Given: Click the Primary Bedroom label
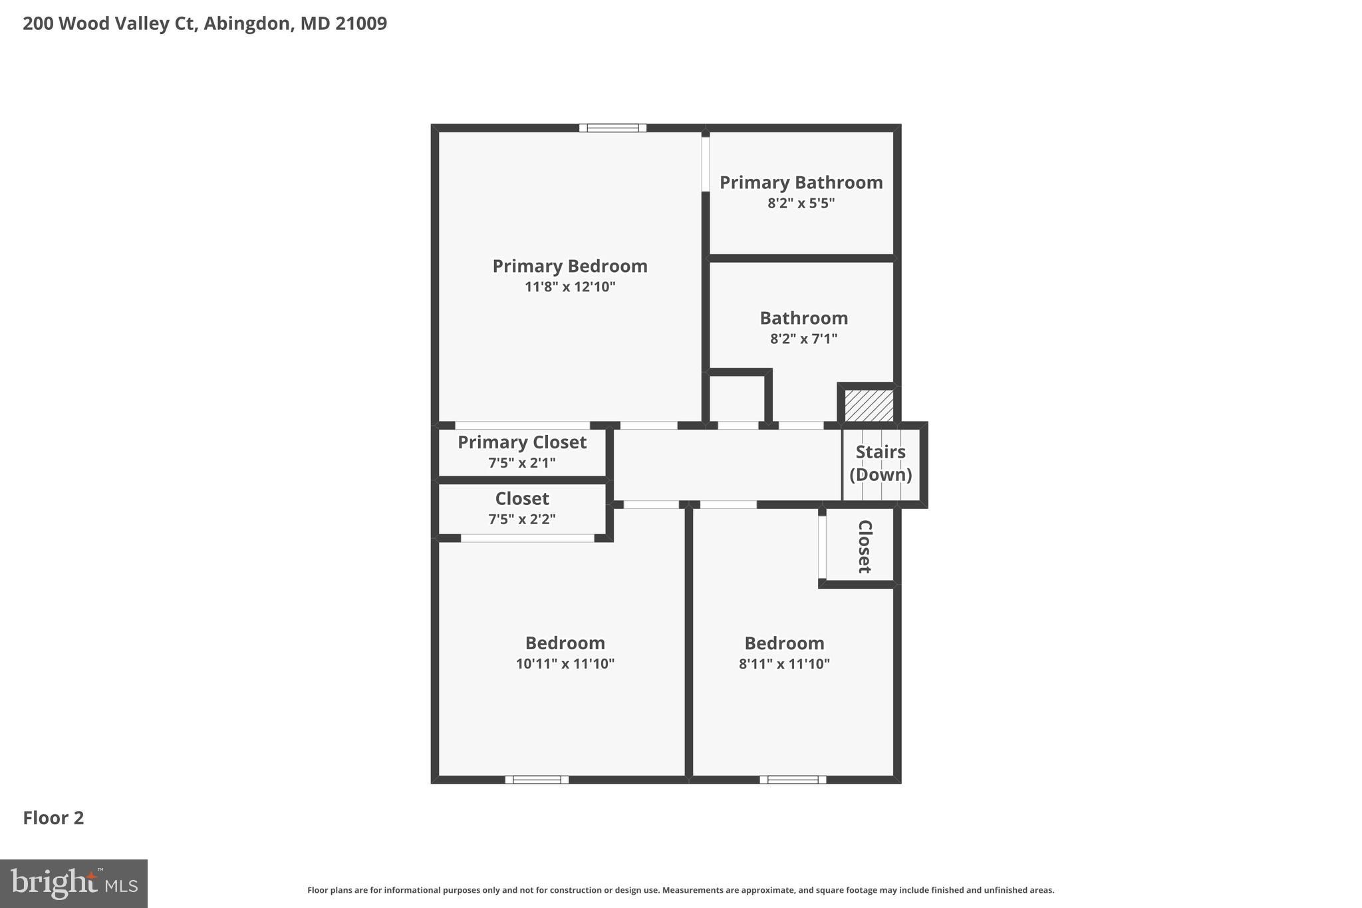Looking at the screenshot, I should pyautogui.click(x=569, y=266).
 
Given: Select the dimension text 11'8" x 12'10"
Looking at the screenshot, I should pyautogui.click(x=569, y=287).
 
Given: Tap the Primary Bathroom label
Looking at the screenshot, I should pyautogui.click(x=801, y=182).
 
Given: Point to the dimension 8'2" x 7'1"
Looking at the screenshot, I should pyautogui.click(x=803, y=339).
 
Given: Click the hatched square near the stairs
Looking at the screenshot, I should pyautogui.click(x=869, y=405).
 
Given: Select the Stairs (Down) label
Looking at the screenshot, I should pyautogui.click(x=881, y=463).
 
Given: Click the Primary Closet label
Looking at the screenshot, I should pyautogui.click(x=521, y=442).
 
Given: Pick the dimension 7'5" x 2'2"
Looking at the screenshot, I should pyautogui.click(x=521, y=519).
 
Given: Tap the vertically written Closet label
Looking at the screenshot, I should pyautogui.click(x=864, y=546).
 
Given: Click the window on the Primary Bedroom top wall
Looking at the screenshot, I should pyautogui.click(x=613, y=128).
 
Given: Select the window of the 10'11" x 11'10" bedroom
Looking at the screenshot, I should pyautogui.click(x=537, y=780).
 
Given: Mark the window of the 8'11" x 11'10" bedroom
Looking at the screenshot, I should pyautogui.click(x=793, y=780).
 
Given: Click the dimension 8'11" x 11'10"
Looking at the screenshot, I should pyautogui.click(x=784, y=663).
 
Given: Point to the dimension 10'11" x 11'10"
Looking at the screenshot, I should pyautogui.click(x=565, y=663).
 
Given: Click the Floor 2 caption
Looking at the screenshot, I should pyautogui.click(x=53, y=818).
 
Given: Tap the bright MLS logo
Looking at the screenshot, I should pyautogui.click(x=74, y=883).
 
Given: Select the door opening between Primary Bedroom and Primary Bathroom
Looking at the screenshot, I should pyautogui.click(x=706, y=164).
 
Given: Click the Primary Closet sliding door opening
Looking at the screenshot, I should pyautogui.click(x=522, y=425).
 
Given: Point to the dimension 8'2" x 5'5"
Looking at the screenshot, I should pyautogui.click(x=801, y=203).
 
